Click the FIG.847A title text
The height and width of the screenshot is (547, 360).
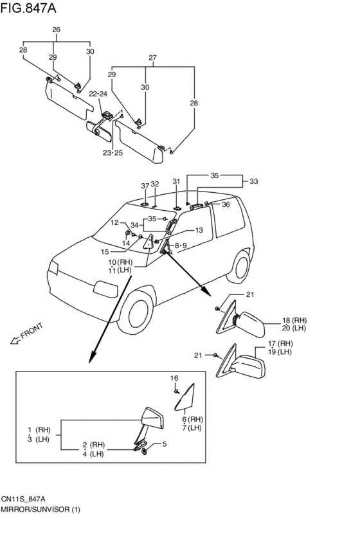[28, 8]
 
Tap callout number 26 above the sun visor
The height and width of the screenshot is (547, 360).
[56, 30]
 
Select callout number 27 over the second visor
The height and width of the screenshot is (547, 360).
[152, 58]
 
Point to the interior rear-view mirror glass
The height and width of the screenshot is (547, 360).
[100, 131]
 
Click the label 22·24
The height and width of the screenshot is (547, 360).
[98, 94]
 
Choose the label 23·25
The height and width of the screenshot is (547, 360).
[113, 153]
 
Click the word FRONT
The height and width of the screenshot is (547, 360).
[32, 330]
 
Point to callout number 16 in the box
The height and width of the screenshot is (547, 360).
[174, 378]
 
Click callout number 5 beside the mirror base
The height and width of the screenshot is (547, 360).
[165, 444]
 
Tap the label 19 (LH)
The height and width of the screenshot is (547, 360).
[280, 352]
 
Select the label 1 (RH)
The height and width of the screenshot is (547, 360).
[39, 430]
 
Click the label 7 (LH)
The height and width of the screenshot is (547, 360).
[192, 427]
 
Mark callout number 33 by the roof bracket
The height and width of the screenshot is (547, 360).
[253, 181]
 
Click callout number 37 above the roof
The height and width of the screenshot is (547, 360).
[145, 186]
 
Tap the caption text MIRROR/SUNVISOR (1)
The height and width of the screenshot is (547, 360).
[40, 509]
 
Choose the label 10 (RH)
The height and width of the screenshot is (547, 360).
[120, 262]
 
